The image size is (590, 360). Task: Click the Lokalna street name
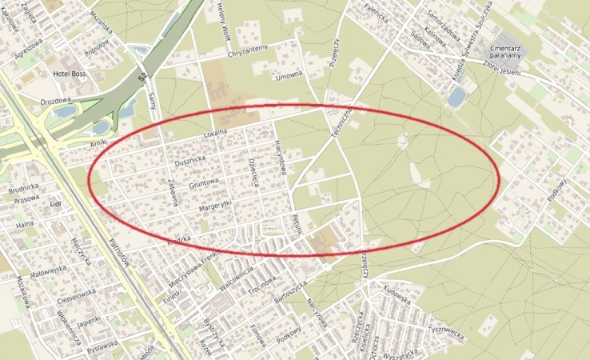pos(215,133)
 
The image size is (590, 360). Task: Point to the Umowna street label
pos(289,75)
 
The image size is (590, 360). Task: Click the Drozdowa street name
pos(55,102)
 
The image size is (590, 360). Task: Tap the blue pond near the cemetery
pos(456,98)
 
